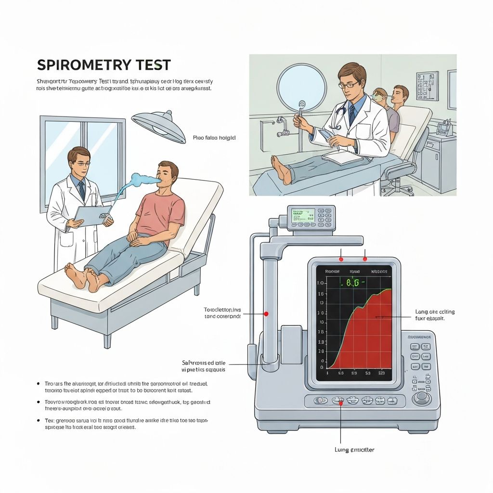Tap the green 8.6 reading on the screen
(353, 284)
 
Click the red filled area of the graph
(366, 337)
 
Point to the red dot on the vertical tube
(265, 314)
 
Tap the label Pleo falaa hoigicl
(214, 138)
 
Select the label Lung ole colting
(434, 312)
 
